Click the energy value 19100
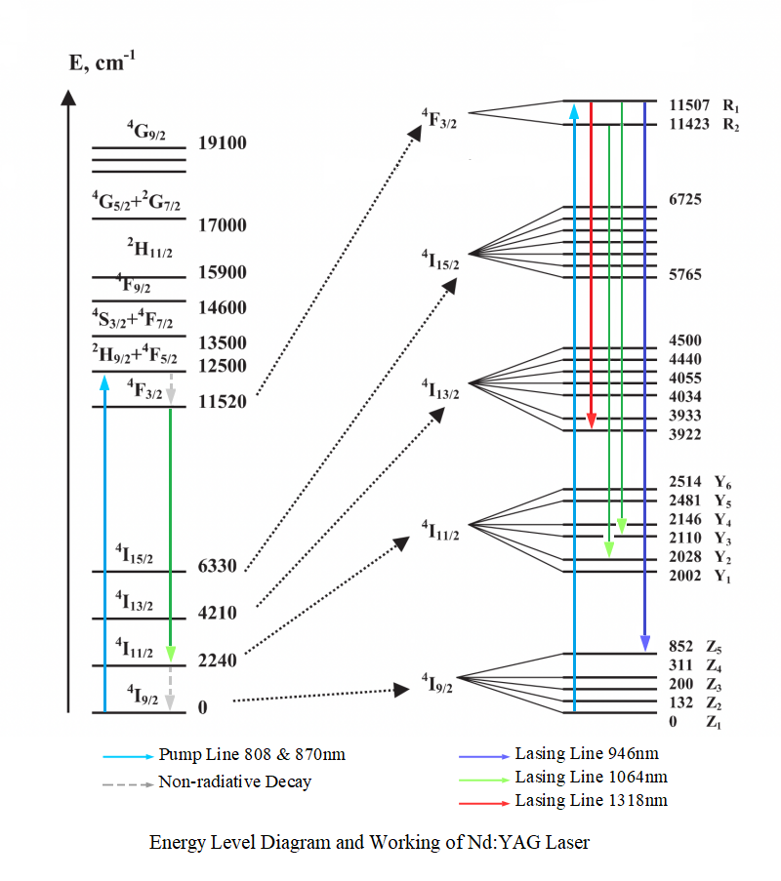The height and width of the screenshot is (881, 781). (222, 143)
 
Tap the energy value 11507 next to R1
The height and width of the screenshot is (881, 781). (690, 105)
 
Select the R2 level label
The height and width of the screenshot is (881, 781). (732, 125)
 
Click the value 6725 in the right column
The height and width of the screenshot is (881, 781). (685, 200)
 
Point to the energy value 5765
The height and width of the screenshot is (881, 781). (685, 275)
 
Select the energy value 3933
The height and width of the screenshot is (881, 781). (685, 416)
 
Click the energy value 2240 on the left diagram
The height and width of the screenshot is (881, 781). (217, 661)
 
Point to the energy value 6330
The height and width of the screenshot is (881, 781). (217, 566)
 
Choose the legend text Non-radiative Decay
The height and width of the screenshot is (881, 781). (234, 781)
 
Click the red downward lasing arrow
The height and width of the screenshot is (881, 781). (592, 263)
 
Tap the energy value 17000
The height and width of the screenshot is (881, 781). (222, 225)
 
